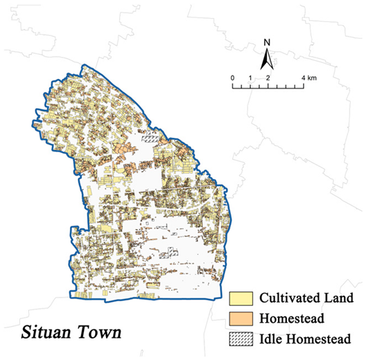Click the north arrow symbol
267,60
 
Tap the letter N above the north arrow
267,42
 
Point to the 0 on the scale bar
232,78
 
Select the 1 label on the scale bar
250,78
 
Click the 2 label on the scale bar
268,78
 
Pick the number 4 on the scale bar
303,78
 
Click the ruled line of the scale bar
268,86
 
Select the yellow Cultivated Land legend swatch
241,299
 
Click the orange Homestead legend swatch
241,319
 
